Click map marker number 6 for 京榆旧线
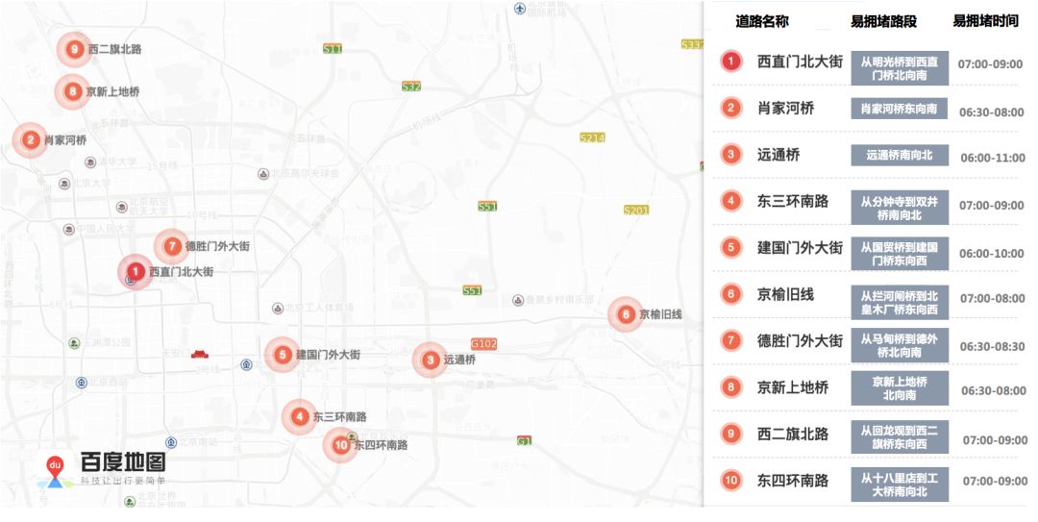626,314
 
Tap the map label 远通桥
459,360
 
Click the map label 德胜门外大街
217,246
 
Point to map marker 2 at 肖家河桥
31,139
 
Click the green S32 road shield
411,87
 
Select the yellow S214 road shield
592,137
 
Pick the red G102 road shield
483,343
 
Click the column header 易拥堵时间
985,20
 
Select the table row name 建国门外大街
800,247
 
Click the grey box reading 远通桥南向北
899,155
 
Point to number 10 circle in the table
731,481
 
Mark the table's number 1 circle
731,62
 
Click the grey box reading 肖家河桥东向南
899,109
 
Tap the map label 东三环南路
339,417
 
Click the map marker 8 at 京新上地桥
73,92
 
